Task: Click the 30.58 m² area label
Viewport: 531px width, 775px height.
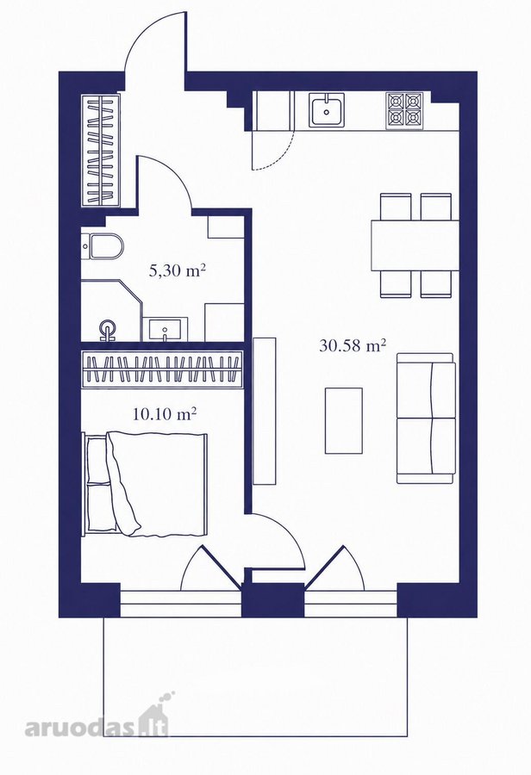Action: [353, 345]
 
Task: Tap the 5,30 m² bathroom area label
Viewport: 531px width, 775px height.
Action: [178, 270]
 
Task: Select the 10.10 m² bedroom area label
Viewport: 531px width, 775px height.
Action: [165, 413]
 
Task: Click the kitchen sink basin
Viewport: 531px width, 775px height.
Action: [327, 110]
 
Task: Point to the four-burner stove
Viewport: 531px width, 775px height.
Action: [404, 111]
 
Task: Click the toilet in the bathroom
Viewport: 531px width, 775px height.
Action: [101, 245]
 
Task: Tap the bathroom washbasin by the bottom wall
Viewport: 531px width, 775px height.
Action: [166, 329]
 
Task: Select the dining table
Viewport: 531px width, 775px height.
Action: [415, 245]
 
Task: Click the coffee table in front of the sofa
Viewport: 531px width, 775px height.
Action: [343, 420]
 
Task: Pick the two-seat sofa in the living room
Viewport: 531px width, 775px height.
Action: [426, 418]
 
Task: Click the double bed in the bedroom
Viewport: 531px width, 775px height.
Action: [145, 484]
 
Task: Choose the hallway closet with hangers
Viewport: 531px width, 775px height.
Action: [101, 150]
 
